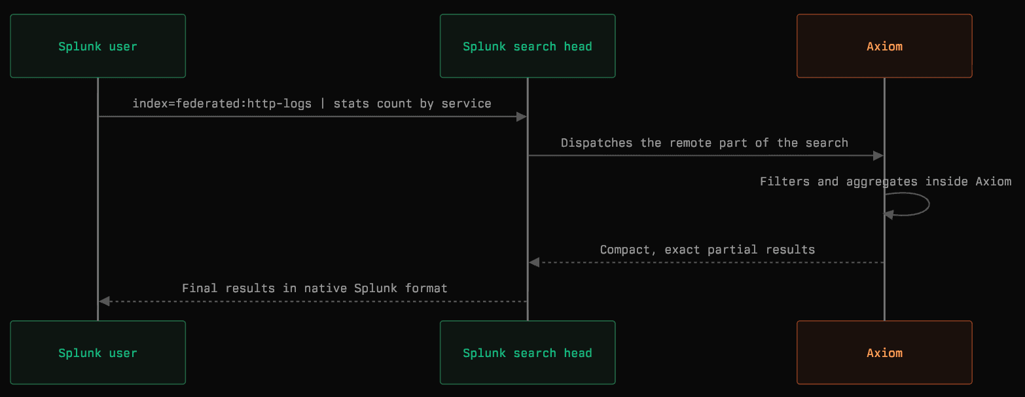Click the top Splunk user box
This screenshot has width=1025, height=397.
(x=98, y=46)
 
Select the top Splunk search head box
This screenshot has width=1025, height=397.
(x=528, y=46)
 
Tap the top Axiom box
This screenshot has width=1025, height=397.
(x=884, y=46)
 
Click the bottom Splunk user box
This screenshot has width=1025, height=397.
(x=98, y=352)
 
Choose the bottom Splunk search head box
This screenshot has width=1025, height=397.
(x=528, y=352)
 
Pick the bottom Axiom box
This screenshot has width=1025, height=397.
(x=884, y=352)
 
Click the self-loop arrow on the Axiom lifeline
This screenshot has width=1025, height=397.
(x=929, y=204)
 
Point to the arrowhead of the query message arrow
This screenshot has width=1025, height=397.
(x=522, y=117)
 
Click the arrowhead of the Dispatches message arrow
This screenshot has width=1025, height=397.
(x=878, y=156)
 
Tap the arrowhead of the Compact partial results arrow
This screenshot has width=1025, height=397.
(x=534, y=263)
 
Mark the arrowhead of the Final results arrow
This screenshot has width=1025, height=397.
(x=104, y=301)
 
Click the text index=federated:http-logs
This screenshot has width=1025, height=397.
(x=222, y=104)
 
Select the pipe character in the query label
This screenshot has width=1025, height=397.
(x=323, y=104)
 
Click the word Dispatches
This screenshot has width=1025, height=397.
(x=597, y=143)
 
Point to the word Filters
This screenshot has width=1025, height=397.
(x=785, y=181)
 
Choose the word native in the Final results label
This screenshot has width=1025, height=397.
(x=325, y=288)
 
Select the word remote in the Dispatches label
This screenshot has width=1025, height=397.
(x=690, y=143)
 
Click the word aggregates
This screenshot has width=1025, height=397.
(x=882, y=182)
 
